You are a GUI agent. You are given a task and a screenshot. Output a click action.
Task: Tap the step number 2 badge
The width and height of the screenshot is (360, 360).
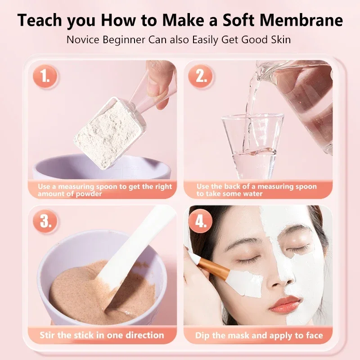[201, 77]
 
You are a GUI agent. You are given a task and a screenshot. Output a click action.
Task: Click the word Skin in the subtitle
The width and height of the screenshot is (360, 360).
[279, 40]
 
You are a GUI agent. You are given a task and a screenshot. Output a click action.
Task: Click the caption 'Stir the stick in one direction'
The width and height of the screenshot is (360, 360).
[102, 335]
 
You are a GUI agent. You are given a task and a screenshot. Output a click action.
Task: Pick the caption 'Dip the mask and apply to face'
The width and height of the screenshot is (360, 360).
[259, 335]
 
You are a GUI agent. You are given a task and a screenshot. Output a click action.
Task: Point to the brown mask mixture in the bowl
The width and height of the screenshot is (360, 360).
[81, 292]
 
